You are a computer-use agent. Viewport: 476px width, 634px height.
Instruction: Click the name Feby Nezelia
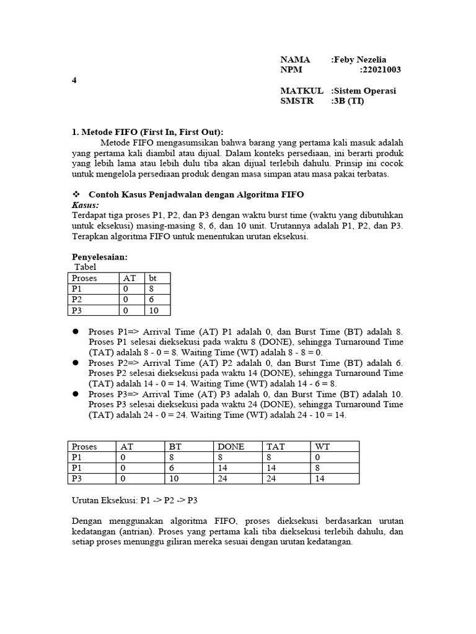[361, 60]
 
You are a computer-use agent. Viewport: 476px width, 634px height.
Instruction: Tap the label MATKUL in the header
[301, 91]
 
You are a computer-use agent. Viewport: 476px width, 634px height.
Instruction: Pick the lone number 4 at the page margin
[74, 80]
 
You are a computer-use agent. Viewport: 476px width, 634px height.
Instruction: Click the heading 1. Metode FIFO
[148, 132]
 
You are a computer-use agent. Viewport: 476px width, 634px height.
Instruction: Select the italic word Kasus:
[86, 204]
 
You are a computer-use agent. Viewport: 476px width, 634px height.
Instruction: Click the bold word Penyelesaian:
[99, 257]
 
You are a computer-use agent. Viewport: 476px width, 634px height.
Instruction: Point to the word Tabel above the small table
[86, 267]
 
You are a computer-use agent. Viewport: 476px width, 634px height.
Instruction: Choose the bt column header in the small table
[153, 279]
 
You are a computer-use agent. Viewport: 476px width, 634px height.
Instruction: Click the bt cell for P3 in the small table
[154, 310]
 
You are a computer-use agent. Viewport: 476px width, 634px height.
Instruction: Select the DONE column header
[230, 446]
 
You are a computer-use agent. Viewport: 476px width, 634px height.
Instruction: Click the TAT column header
[275, 446]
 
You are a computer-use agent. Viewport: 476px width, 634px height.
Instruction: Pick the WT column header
[322, 446]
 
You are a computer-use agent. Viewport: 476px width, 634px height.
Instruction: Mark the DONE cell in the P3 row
[223, 479]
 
